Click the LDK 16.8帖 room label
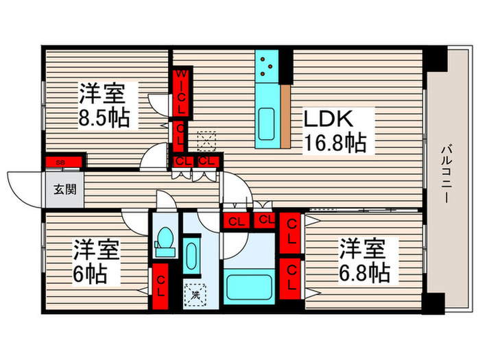[x=335, y=131]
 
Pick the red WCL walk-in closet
[x=182, y=93]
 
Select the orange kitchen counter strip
[x=287, y=117]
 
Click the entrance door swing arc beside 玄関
[x=26, y=183]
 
